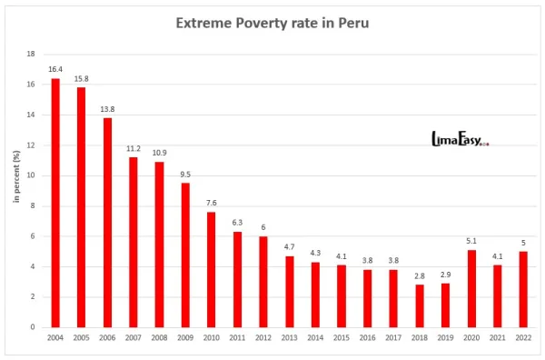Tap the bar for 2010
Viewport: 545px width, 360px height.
[x=212, y=269]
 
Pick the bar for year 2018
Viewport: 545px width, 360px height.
[x=420, y=305]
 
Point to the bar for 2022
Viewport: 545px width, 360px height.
[x=523, y=289]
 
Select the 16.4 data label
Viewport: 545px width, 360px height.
[x=55, y=69]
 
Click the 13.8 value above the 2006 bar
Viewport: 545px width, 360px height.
[x=107, y=109]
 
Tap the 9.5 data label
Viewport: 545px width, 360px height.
[x=185, y=174]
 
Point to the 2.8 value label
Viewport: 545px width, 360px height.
[x=420, y=275]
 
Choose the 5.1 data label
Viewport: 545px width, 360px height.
[x=471, y=241]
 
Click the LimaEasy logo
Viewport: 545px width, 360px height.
[x=460, y=139]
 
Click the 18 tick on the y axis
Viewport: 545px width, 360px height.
[x=31, y=55]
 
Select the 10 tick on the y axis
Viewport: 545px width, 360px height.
[x=31, y=175]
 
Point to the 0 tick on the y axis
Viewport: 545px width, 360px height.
[x=34, y=327]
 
